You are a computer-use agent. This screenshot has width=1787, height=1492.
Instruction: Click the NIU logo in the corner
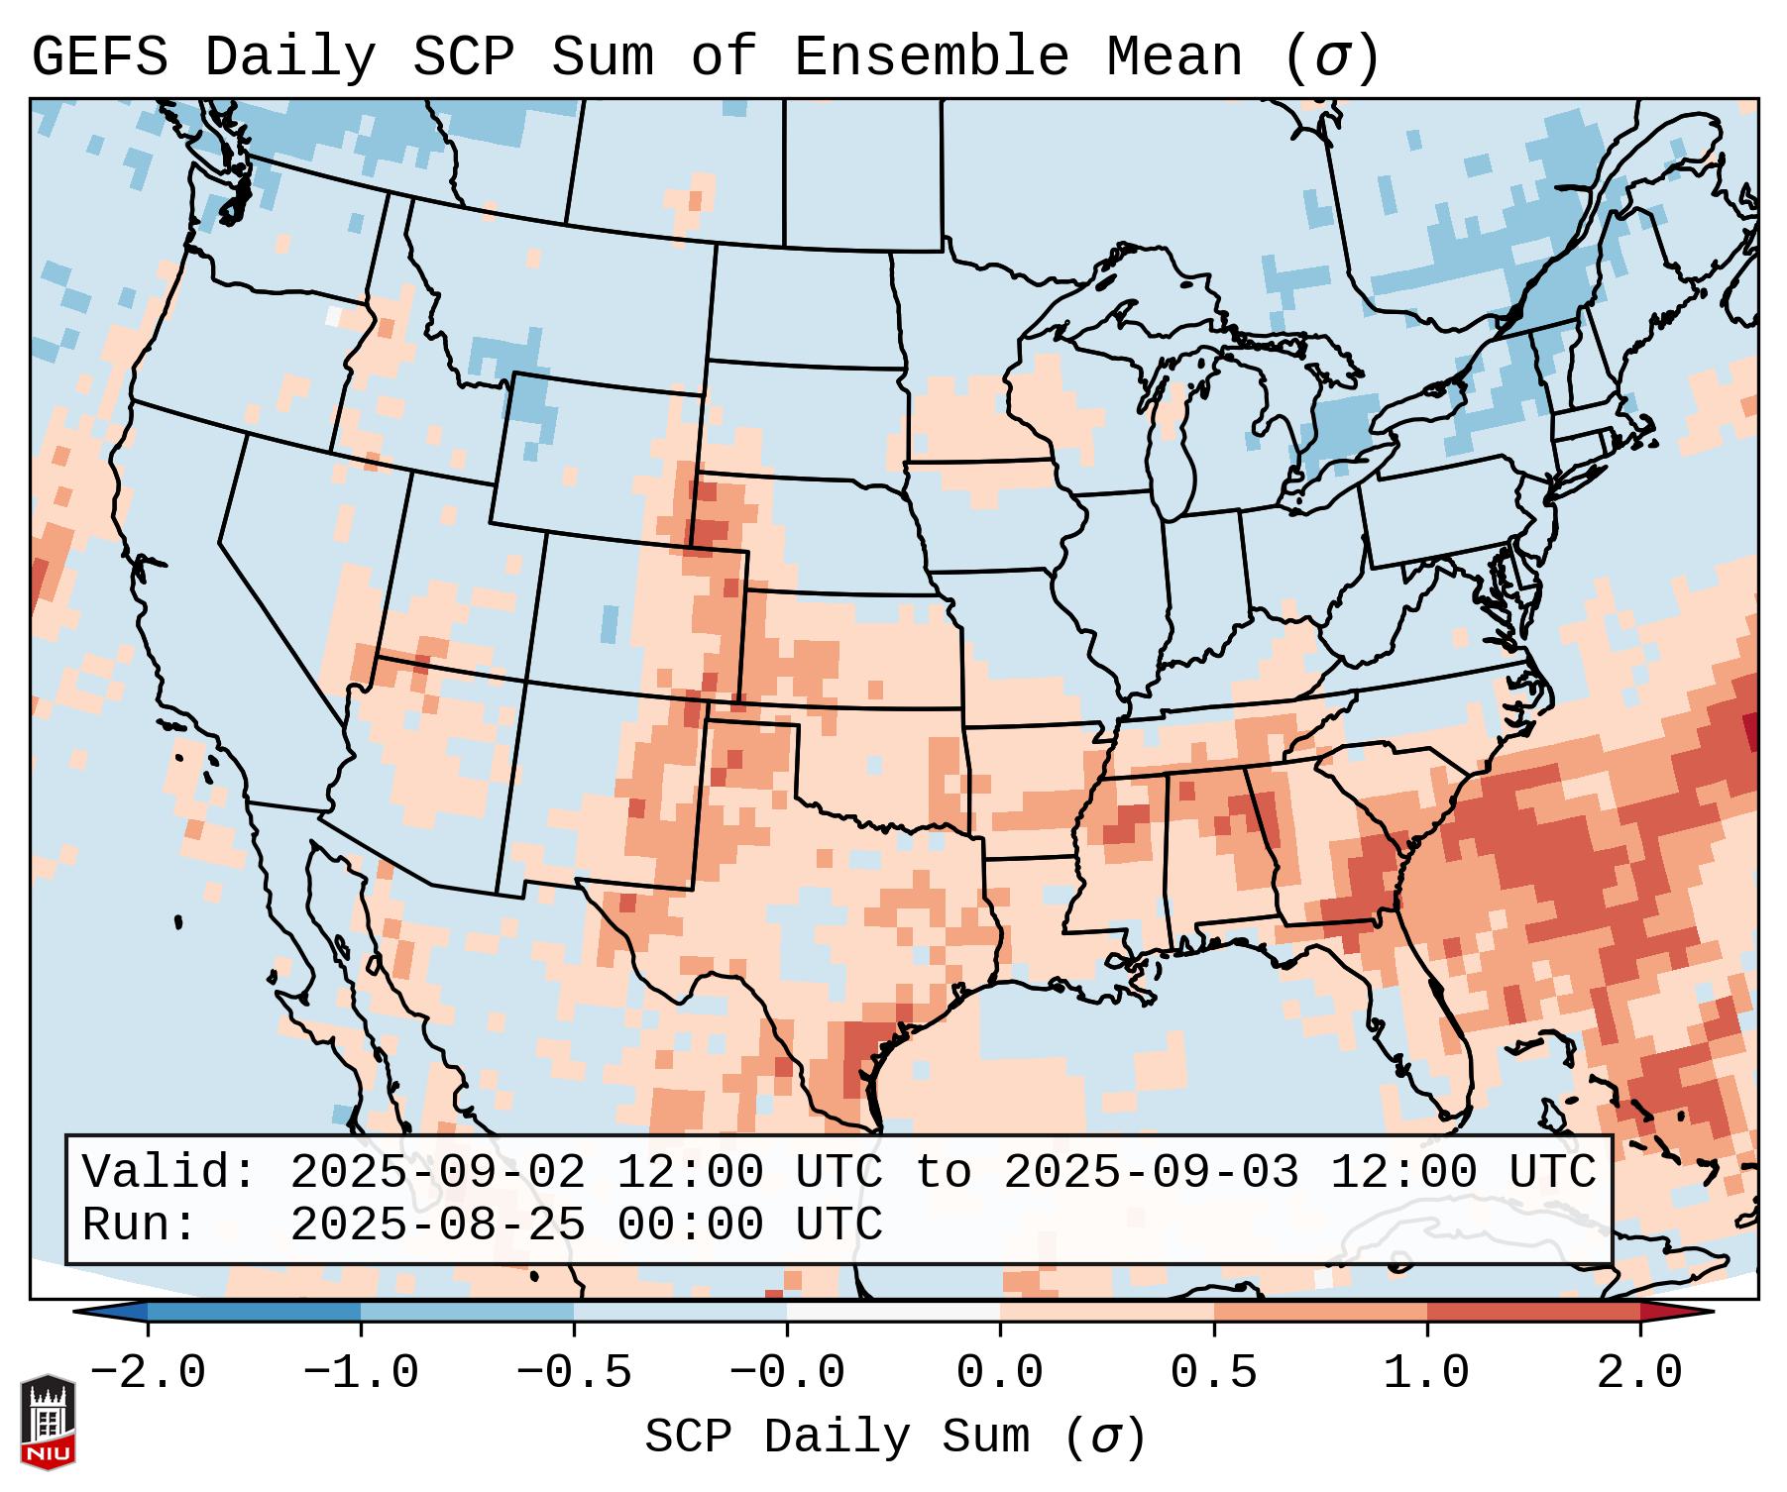click(48, 1421)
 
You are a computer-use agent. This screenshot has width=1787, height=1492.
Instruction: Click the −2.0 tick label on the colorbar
click(148, 1373)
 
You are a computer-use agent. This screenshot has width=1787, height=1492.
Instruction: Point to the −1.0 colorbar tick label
click(361, 1373)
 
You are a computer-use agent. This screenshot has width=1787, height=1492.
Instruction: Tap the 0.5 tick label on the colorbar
click(1214, 1373)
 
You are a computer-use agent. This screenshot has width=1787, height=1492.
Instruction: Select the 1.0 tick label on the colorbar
click(1427, 1373)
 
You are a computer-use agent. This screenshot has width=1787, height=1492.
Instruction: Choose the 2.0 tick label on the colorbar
click(1640, 1373)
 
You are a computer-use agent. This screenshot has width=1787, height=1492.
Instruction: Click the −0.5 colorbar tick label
click(574, 1373)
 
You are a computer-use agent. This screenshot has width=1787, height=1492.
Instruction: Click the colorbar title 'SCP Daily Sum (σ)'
click(895, 1438)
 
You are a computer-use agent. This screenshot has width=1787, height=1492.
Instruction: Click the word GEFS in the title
click(100, 56)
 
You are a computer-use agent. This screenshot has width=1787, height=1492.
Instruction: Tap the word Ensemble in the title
click(932, 56)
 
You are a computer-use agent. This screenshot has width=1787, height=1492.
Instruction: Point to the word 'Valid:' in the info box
click(169, 1172)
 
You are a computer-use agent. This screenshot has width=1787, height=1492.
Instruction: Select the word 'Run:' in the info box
click(140, 1225)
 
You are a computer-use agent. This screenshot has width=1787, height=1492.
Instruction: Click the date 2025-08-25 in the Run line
click(437, 1225)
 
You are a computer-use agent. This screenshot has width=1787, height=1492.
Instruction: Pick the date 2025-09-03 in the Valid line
click(1151, 1172)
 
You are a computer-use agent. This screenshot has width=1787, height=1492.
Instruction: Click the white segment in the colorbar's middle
click(893, 1312)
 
